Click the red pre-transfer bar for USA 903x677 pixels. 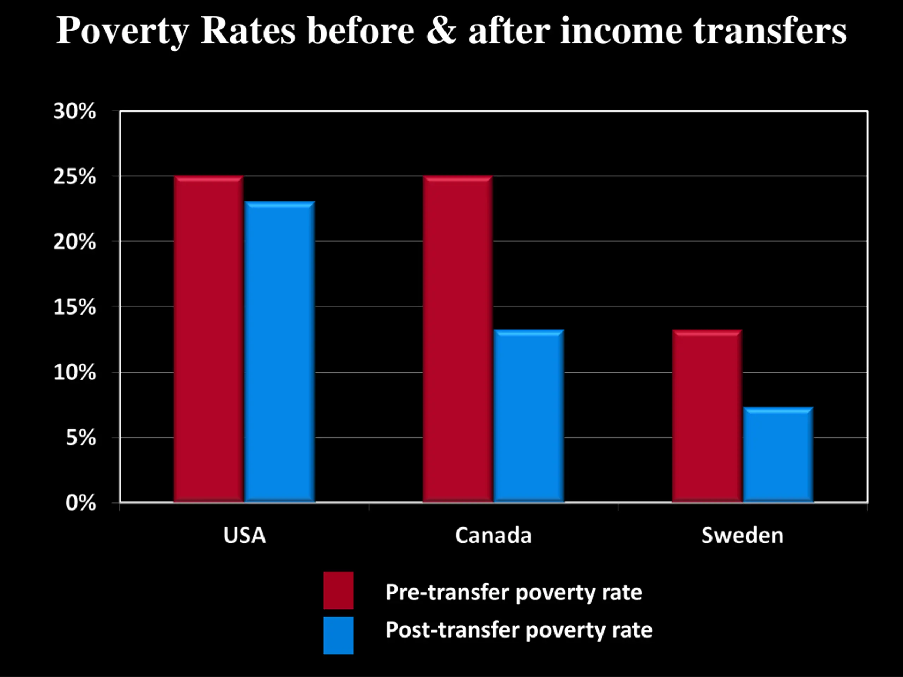[208, 339]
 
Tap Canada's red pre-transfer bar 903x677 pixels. [457, 339]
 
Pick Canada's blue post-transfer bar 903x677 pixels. [529, 416]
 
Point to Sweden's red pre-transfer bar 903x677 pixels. [707, 416]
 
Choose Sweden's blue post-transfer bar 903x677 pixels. [778, 455]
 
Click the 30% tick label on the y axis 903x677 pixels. [75, 111]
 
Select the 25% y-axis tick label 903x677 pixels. [75, 177]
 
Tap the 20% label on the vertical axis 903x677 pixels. [75, 242]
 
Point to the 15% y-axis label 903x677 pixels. [75, 307]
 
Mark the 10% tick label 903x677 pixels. [75, 373]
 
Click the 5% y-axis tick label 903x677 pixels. [81, 438]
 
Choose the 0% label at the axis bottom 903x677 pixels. [81, 503]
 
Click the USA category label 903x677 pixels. [244, 535]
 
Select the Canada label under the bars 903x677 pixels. [493, 535]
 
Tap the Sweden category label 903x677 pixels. [743, 535]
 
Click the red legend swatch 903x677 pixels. [338, 590]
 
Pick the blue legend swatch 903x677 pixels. [338, 635]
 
